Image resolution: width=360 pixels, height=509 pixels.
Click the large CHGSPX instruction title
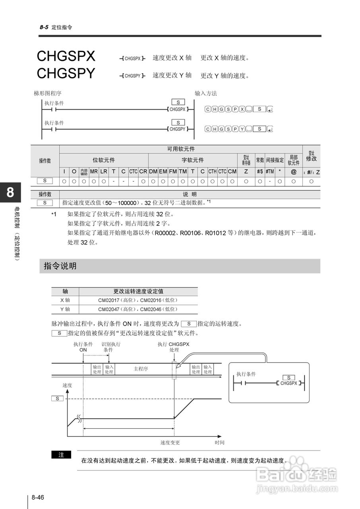coord(66,56)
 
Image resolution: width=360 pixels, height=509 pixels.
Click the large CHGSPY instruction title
coord(66,74)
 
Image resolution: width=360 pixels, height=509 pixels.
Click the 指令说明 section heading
coord(60,266)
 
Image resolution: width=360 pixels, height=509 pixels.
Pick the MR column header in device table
coord(94,171)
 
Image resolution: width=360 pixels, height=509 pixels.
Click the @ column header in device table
coord(294,171)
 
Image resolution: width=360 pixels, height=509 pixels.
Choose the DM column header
coord(153,171)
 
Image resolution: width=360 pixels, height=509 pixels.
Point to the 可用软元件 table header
coord(181,149)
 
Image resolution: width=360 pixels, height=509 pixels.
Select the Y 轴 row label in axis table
coord(65,309)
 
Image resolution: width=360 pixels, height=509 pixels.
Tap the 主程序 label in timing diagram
coord(141,369)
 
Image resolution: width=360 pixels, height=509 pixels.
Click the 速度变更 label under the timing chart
coord(170,442)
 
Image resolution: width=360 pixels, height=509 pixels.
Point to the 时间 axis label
coord(219,442)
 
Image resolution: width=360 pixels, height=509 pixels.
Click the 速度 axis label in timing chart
coord(67,385)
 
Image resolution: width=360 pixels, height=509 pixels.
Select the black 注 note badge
coord(61,455)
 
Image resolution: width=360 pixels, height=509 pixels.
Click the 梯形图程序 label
coord(48,93)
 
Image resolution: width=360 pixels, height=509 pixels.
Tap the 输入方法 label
coord(206,93)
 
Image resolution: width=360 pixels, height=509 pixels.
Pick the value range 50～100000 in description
coord(118,202)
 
